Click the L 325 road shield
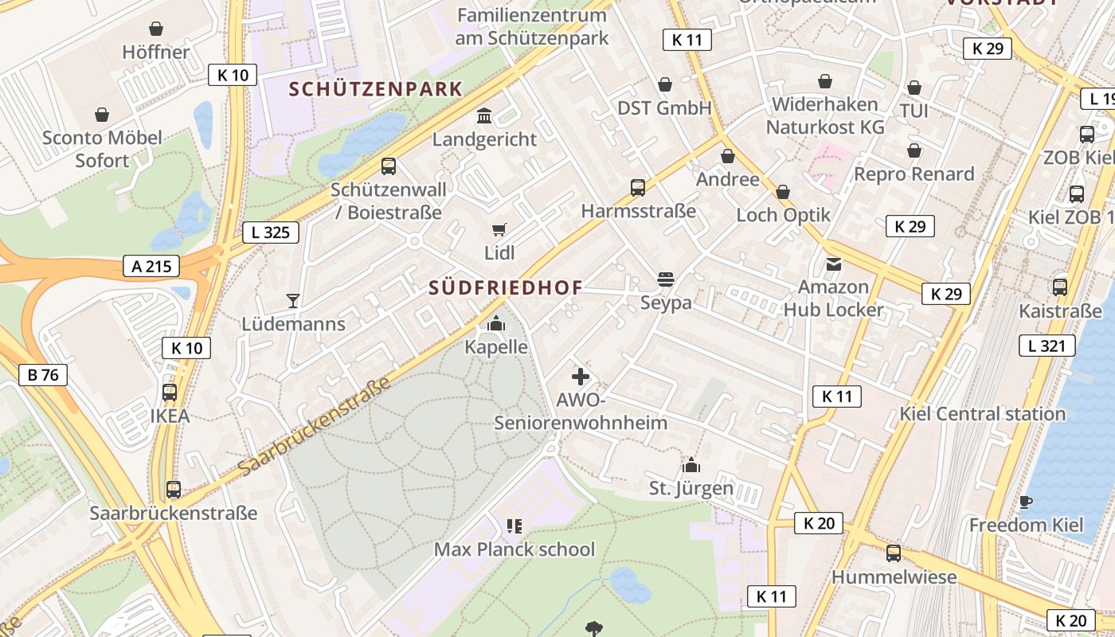(x=271, y=233)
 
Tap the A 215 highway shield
(x=151, y=266)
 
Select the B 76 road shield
(x=43, y=374)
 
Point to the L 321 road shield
(x=1047, y=345)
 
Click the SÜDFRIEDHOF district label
(x=506, y=287)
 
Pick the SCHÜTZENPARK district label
(x=376, y=88)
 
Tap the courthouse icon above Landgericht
(x=484, y=116)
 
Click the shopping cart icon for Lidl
(x=499, y=230)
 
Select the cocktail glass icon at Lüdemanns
(x=293, y=301)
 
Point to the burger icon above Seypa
(x=666, y=279)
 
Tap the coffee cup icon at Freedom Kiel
(x=1026, y=502)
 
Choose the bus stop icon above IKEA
(x=170, y=392)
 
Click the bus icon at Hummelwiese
(x=894, y=553)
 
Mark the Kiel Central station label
(x=982, y=413)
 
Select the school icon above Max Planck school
(x=514, y=526)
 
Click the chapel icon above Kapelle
(x=496, y=323)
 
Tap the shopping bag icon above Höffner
(x=156, y=29)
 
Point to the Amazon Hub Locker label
(x=833, y=298)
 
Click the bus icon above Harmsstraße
(x=638, y=187)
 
